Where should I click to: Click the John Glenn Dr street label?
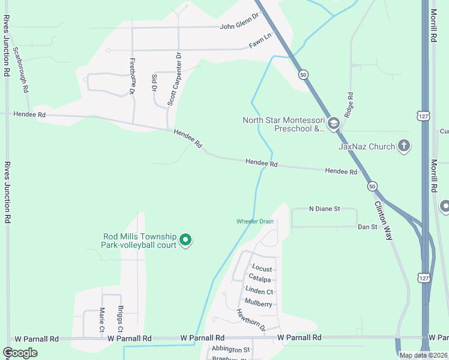(238, 26)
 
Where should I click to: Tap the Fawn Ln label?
(261, 44)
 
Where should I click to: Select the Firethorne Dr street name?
(131, 76)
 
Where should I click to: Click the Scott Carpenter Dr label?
(174, 79)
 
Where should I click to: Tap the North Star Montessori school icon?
(334, 124)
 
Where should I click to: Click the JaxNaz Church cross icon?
(404, 146)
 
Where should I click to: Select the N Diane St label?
(324, 209)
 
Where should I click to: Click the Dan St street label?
(367, 227)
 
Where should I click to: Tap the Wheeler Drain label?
(255, 221)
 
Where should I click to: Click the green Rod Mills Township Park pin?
(186, 241)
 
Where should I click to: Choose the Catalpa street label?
(260, 278)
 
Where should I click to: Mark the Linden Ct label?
(259, 292)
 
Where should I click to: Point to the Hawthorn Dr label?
(250, 320)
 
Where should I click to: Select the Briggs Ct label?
(120, 321)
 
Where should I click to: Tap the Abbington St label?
(230, 349)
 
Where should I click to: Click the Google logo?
(20, 353)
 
